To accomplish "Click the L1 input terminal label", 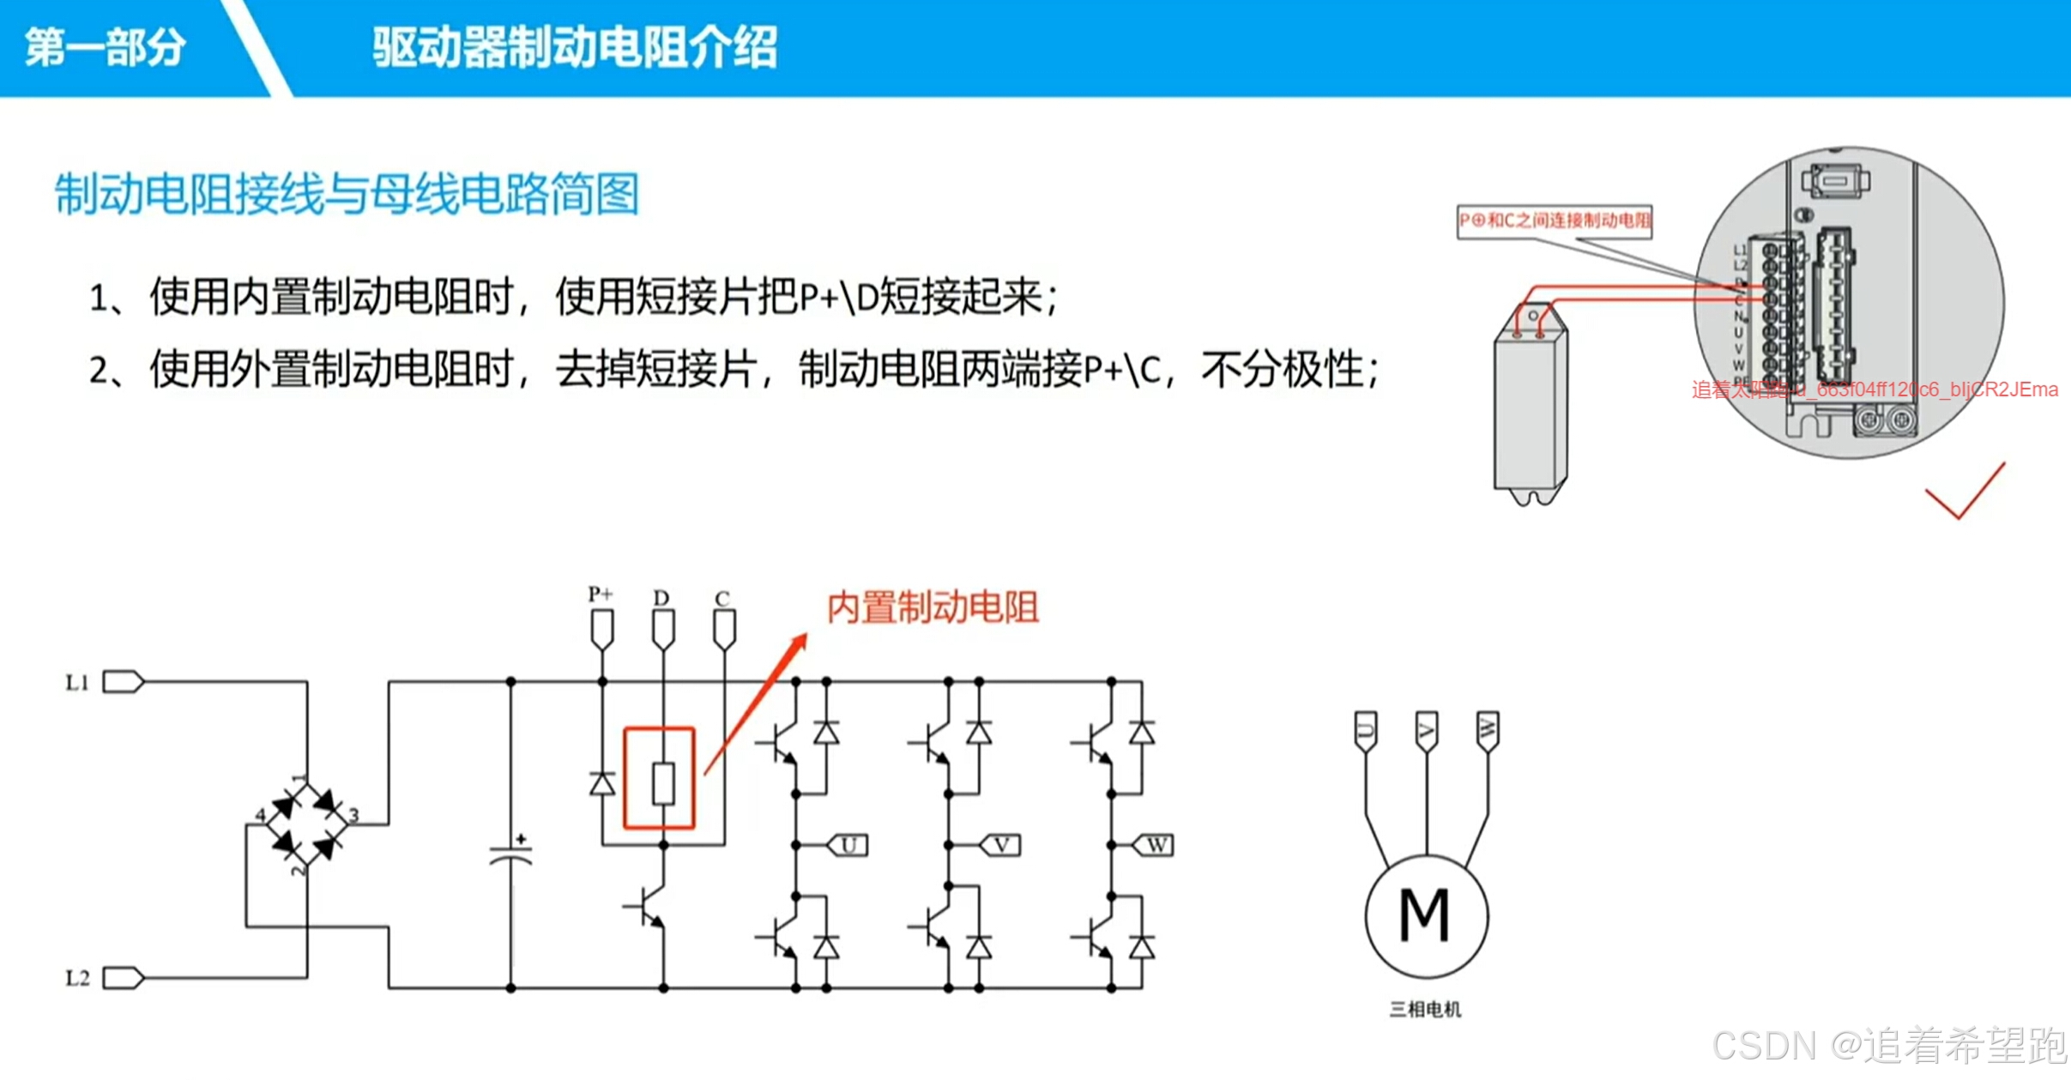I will pos(77,683).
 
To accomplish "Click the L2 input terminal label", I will pos(77,978).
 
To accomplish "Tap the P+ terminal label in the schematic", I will pos(601,594).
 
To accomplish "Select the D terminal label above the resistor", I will pos(661,597).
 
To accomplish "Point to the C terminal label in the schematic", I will pos(722,598).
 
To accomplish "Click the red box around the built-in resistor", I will pos(659,778).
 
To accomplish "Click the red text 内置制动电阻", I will pos(933,607).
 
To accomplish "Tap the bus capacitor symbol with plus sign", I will pos(511,854).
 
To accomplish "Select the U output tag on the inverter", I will pos(848,846).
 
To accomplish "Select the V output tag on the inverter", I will pos(1000,846).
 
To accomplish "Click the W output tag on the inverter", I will pos(1155,846).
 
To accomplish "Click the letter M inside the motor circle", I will pos(1425,915).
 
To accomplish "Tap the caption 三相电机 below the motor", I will pos(1425,1010).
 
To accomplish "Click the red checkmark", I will pos(1965,493).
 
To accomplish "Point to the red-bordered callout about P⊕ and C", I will pos(1554,220).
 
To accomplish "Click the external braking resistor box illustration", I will pos(1531,412).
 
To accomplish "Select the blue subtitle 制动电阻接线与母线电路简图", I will pos(347,195).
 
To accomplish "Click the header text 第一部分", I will pos(105,47).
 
